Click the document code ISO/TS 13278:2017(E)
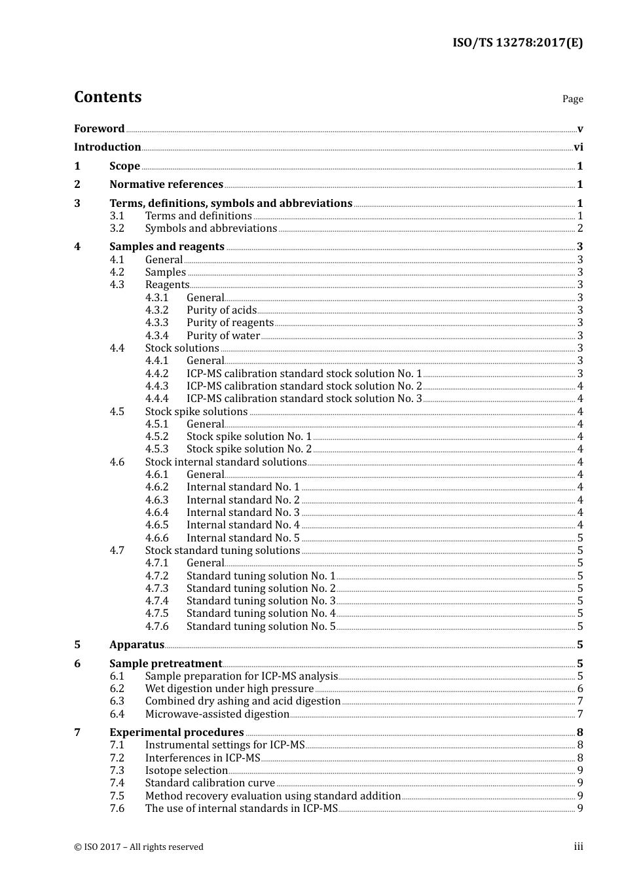(x=517, y=43)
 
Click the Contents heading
(x=107, y=97)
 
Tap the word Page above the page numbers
(x=572, y=99)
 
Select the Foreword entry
(x=99, y=129)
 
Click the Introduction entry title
(x=107, y=147)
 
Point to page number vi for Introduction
(x=578, y=147)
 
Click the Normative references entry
(x=166, y=185)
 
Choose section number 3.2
(x=117, y=229)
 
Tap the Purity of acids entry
(x=221, y=310)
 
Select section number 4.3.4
(x=156, y=336)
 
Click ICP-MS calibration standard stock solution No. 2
(x=304, y=386)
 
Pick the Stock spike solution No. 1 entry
(x=249, y=437)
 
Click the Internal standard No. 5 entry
(x=243, y=538)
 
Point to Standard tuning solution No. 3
(x=261, y=601)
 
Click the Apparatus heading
(x=136, y=645)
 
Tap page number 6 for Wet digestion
(x=580, y=689)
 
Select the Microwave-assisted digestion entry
(x=217, y=714)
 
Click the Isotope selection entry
(x=186, y=771)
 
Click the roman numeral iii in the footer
(x=578, y=847)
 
